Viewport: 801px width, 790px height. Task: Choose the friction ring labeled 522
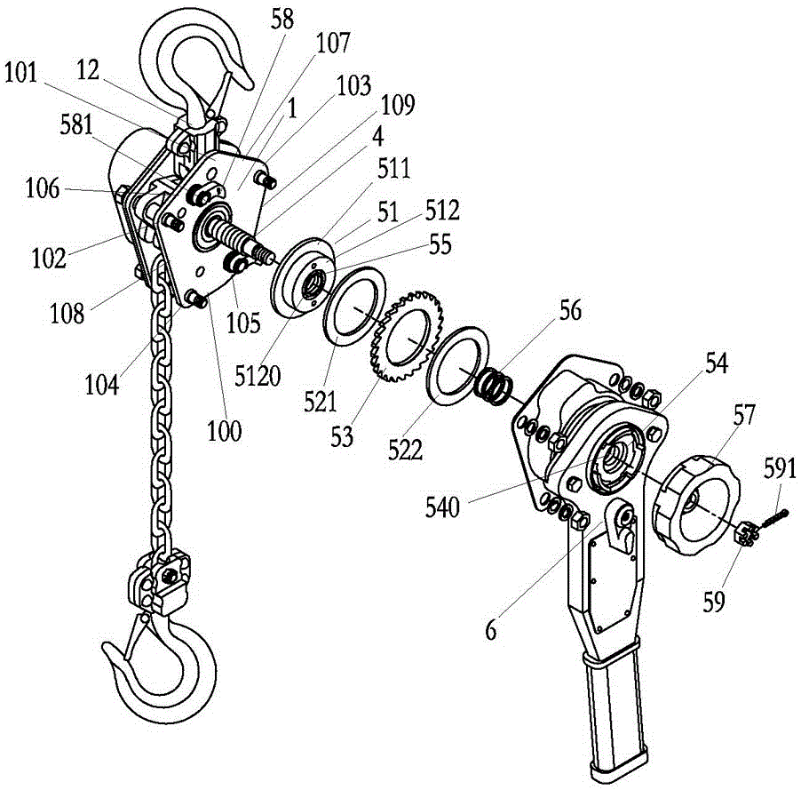click(462, 363)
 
